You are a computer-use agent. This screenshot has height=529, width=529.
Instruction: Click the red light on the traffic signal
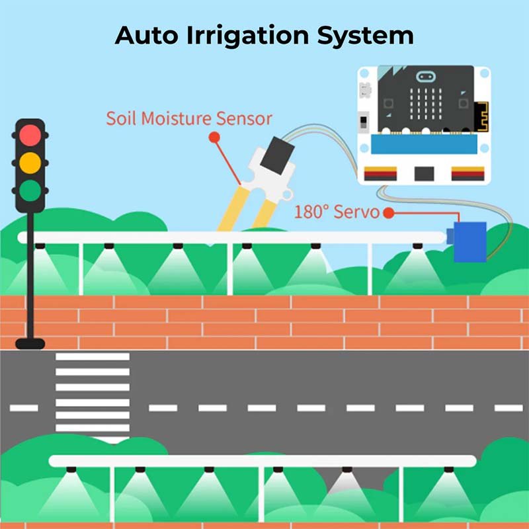coord(30,136)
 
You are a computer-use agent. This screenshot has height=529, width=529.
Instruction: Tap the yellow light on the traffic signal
coord(30,163)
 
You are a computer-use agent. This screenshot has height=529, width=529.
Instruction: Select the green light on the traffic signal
coord(30,190)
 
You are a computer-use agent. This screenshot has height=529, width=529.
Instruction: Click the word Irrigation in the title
coord(247,36)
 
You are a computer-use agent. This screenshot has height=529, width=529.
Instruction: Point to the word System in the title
coord(366,36)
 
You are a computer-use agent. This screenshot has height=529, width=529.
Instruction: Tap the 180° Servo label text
coord(337,212)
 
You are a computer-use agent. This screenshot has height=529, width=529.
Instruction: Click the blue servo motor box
coord(469,241)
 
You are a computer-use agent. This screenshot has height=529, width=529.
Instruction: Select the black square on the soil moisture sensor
coord(277,155)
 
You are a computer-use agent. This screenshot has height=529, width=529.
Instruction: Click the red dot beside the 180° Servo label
coord(389,213)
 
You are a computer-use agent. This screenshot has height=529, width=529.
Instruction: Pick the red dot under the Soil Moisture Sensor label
coord(214,138)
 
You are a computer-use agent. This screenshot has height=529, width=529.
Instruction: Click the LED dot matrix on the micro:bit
coord(426,104)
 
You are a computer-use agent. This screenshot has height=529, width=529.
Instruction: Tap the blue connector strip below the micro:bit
coord(424,144)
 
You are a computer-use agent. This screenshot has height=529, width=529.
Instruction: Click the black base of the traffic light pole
coord(30,343)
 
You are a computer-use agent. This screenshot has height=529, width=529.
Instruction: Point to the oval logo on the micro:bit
coord(425,77)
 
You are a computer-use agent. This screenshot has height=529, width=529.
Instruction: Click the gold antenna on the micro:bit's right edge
coord(481,117)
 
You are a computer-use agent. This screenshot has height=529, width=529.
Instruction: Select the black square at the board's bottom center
coord(424,174)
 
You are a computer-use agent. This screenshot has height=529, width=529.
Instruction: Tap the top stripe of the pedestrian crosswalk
coord(93,356)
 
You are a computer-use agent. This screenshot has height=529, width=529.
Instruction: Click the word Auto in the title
coord(146,36)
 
